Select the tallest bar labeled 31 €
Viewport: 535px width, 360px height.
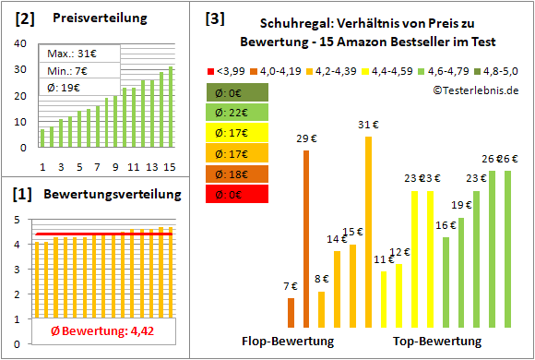point(368,231)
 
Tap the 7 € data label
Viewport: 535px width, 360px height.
point(291,286)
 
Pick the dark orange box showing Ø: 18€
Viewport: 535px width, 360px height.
point(237,174)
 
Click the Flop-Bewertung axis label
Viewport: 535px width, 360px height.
point(288,341)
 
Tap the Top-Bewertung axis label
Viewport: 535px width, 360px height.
point(437,341)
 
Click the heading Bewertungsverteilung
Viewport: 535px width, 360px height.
point(110,195)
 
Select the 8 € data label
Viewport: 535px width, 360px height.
point(321,279)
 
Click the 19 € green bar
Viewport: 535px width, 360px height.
point(461,272)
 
